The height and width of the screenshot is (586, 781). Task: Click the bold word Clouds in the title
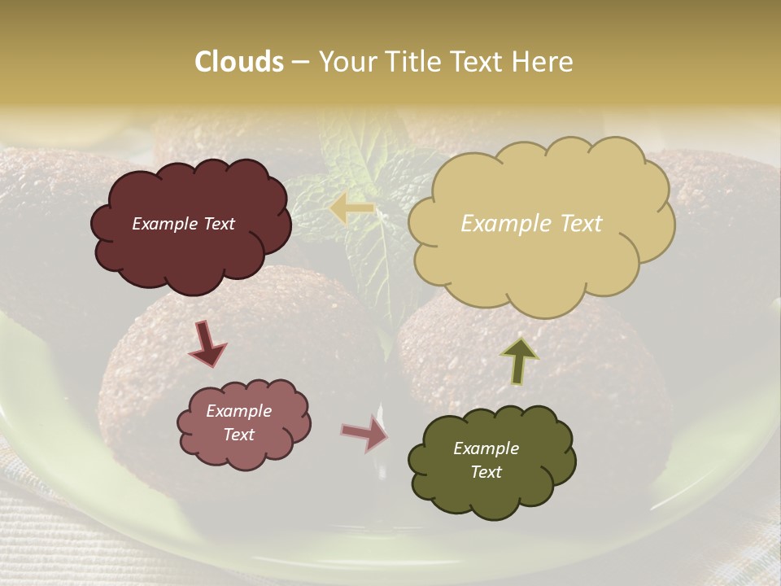(x=239, y=62)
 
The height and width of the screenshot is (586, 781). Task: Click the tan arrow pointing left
(x=351, y=208)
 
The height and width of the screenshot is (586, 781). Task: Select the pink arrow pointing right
(x=364, y=433)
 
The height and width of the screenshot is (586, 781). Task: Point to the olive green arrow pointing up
(x=519, y=361)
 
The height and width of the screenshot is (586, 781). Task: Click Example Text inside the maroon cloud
(x=183, y=224)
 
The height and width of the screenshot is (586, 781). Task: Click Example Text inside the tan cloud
(x=531, y=224)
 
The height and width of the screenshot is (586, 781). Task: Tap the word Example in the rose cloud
(x=238, y=411)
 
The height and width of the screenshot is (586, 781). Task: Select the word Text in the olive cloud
(x=486, y=472)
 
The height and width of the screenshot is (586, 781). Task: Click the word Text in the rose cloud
(x=238, y=435)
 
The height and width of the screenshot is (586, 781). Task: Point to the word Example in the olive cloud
(x=486, y=448)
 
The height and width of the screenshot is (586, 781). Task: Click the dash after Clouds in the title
(x=300, y=63)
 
